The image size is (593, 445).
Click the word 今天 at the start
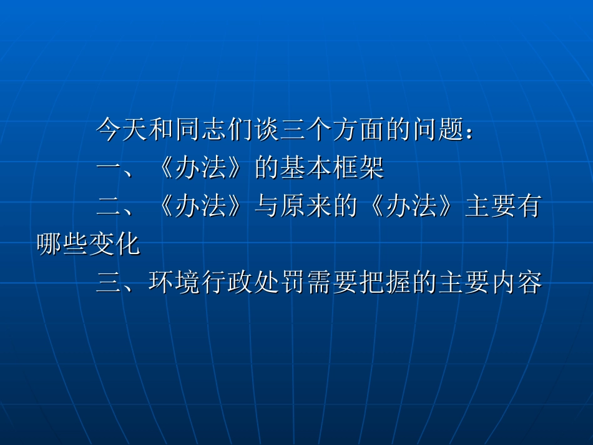click(x=122, y=129)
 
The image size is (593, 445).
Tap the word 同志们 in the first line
click(x=215, y=129)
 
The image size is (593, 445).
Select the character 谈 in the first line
click(x=267, y=129)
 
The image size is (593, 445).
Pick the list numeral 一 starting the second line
click(x=109, y=168)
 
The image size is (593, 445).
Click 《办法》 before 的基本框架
click(x=200, y=168)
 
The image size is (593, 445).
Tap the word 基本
click(x=306, y=168)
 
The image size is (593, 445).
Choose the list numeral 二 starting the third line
click(x=109, y=207)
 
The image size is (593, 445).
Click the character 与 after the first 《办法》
click(x=267, y=207)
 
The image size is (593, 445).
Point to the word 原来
click(x=306, y=207)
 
